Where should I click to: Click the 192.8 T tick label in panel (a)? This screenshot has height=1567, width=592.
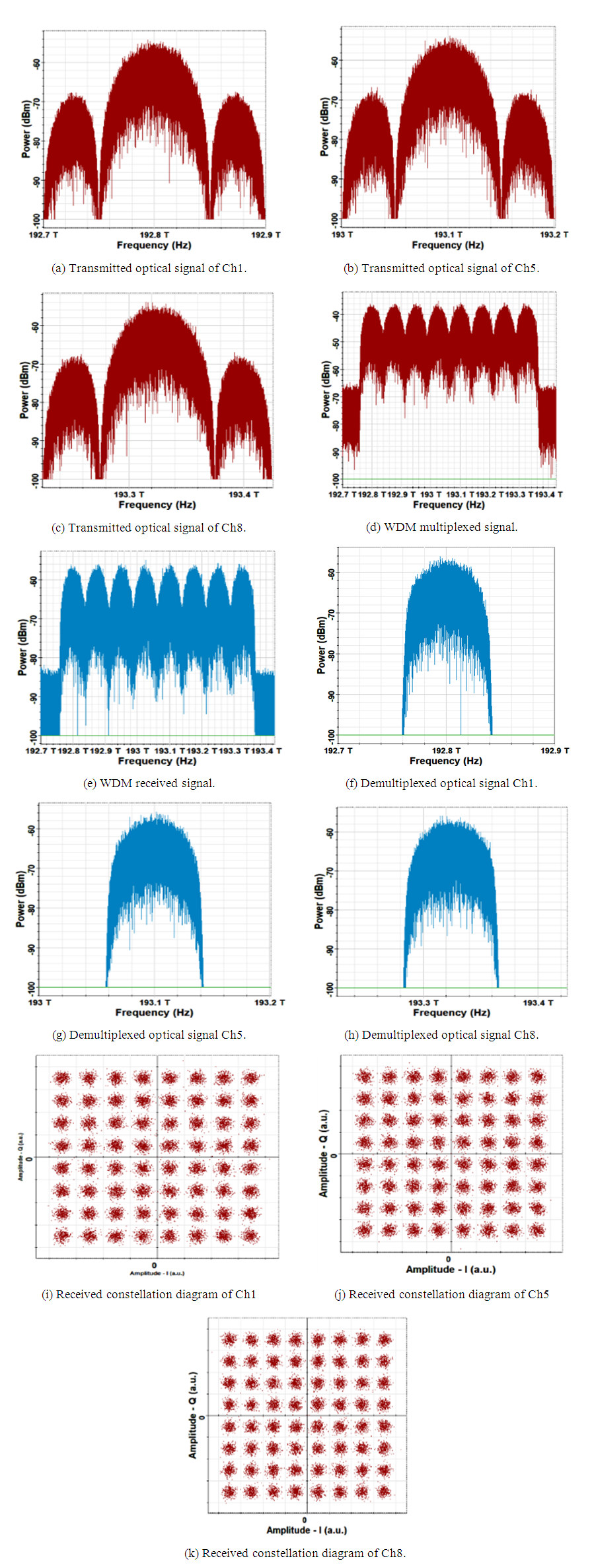(x=154, y=234)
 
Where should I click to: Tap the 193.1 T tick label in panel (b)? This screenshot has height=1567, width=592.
(x=448, y=234)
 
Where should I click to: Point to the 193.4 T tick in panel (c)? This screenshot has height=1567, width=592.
(x=244, y=494)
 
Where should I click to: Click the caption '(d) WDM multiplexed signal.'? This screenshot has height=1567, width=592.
(x=441, y=527)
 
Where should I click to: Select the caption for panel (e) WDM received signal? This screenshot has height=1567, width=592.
(x=149, y=783)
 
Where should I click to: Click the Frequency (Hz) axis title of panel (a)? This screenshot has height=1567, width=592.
(x=154, y=245)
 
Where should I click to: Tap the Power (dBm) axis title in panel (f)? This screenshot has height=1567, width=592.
(x=321, y=645)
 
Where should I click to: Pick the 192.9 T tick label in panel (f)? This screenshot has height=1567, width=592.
(x=554, y=751)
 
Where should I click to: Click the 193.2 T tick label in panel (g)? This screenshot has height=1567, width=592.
(x=270, y=1002)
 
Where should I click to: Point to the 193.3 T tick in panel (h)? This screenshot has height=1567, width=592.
(x=423, y=1002)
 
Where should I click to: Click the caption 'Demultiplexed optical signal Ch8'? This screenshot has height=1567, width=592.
(x=441, y=1035)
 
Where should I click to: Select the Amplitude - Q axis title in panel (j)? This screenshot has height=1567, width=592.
(x=324, y=1153)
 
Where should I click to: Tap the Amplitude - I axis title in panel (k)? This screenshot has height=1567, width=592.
(x=306, y=1530)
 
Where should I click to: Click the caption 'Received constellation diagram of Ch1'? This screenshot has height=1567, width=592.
(x=149, y=1294)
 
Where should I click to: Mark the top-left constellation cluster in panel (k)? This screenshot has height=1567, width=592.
(x=229, y=1339)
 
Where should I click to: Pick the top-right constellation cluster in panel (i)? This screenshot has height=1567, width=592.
(x=250, y=1078)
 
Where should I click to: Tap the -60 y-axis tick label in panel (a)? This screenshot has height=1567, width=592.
(x=36, y=63)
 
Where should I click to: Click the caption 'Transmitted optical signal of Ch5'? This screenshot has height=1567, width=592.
(x=441, y=268)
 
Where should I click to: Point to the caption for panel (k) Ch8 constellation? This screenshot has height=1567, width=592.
(x=295, y=1553)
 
